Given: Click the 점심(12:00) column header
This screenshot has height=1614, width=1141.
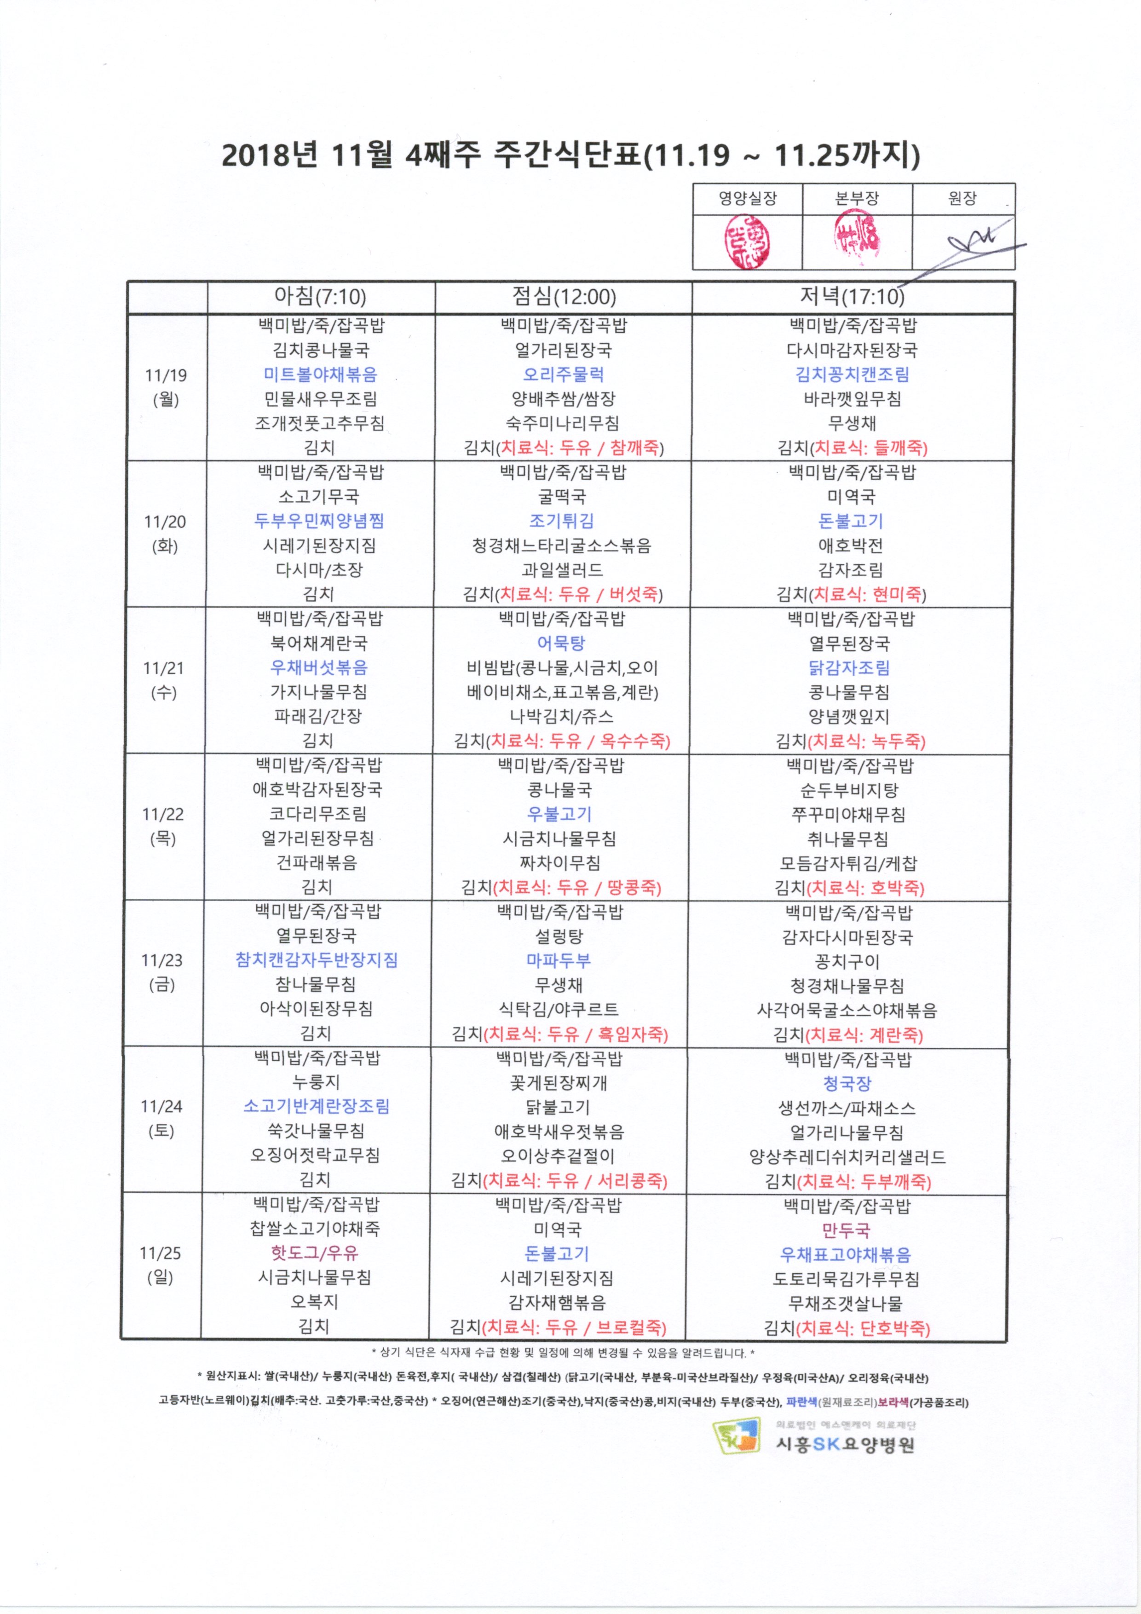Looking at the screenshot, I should click(x=564, y=297).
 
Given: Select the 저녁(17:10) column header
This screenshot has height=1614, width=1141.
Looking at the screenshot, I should click(x=852, y=297).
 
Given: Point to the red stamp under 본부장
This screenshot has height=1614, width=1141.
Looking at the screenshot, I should click(x=856, y=239).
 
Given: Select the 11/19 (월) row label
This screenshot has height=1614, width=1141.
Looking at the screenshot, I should click(x=166, y=387).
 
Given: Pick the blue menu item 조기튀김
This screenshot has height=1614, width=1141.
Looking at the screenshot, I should click(x=562, y=521).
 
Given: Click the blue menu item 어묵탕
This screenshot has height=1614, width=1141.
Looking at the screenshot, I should click(x=561, y=643).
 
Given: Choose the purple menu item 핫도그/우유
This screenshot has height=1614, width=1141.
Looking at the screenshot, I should click(x=315, y=1252).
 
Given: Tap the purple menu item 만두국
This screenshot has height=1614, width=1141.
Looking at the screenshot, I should click(x=847, y=1230).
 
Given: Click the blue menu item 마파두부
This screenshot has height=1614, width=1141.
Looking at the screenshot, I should click(x=559, y=960).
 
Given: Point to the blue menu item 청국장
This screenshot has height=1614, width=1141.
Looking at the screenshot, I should click(x=847, y=1083).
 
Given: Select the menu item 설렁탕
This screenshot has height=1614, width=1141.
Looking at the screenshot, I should click(x=559, y=936).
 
